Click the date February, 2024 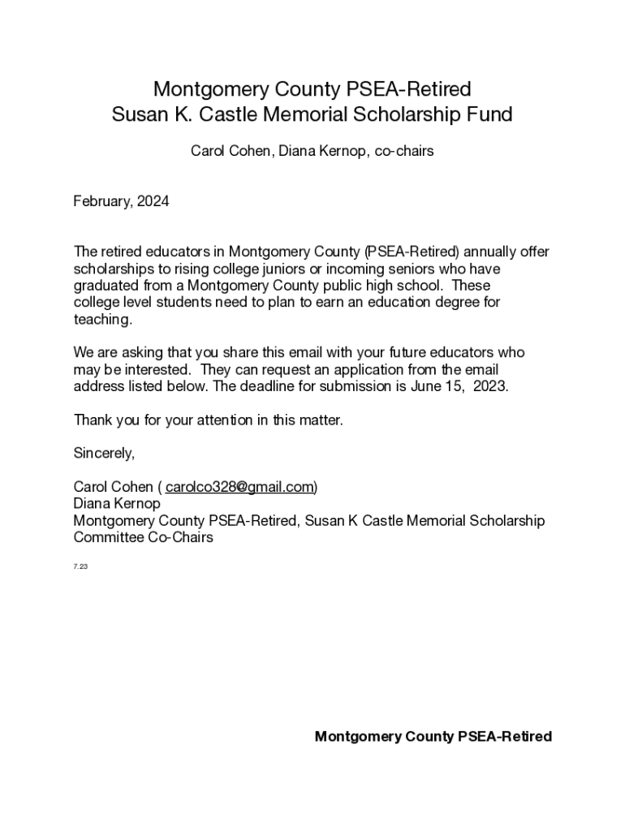point(121,201)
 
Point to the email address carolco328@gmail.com point(239,487)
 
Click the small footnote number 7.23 point(80,566)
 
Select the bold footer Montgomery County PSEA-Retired point(433,736)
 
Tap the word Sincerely point(104,453)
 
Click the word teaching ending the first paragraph point(102,319)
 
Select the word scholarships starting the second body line point(114,269)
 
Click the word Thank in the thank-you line point(92,420)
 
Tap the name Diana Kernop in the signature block point(117,504)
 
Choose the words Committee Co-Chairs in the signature point(143,537)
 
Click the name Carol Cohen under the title point(230,151)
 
